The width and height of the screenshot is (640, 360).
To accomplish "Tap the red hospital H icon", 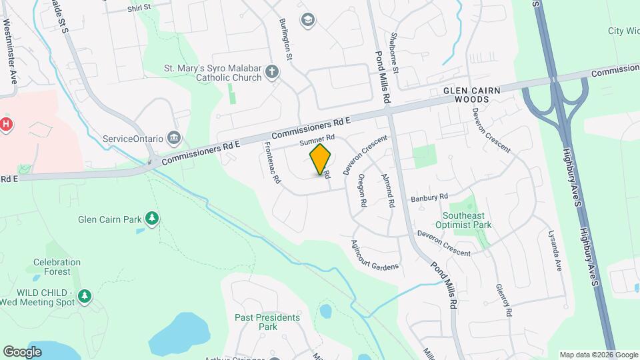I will (x=6, y=124).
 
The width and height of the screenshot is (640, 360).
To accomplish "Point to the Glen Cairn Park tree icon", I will (x=153, y=219).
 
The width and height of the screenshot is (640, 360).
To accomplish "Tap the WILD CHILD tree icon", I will (x=84, y=295).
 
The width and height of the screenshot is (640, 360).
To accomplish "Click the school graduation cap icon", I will (x=307, y=19).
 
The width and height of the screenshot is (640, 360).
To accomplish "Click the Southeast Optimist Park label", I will (x=467, y=220).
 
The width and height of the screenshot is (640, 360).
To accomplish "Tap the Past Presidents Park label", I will (x=267, y=322).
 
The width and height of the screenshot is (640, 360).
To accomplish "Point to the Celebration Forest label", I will (x=57, y=267).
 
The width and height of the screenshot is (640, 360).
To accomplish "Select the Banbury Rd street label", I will (x=429, y=198).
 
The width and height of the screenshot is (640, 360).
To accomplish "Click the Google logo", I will (x=22, y=351).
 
